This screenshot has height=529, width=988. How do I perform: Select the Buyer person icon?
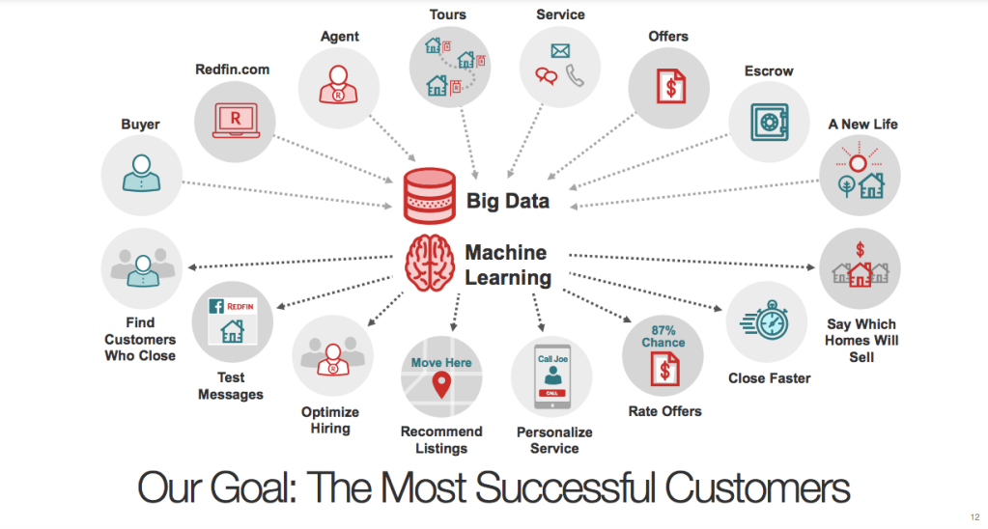(142, 174)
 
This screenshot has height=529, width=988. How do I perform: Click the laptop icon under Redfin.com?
(235, 121)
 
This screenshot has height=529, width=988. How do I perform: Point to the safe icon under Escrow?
(769, 122)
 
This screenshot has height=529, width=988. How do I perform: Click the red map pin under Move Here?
(442, 385)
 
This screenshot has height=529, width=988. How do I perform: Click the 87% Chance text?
(663, 336)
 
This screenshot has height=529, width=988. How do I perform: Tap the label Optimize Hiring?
(330, 420)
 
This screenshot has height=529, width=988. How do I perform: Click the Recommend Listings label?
(441, 440)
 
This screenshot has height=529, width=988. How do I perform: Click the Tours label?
(448, 14)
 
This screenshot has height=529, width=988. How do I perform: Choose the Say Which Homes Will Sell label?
(861, 340)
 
